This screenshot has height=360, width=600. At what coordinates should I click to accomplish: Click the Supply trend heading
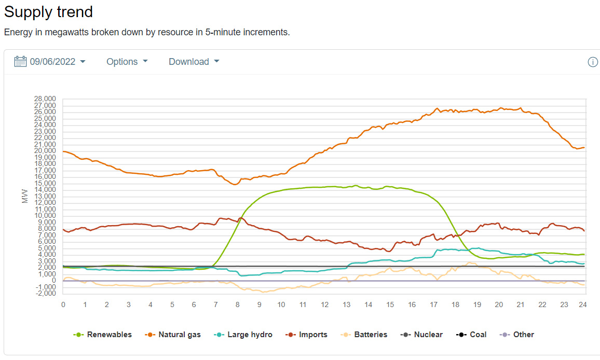(48, 11)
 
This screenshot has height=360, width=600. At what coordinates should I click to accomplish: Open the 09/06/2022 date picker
(52, 62)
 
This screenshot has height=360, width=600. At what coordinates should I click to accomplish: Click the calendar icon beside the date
(20, 62)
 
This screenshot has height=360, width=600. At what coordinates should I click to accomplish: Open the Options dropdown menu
(127, 62)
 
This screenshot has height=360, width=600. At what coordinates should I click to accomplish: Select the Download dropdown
(194, 62)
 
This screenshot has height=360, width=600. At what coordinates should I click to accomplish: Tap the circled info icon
(593, 62)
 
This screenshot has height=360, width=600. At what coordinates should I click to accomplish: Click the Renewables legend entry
(103, 335)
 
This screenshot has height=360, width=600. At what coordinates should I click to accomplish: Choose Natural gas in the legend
(173, 335)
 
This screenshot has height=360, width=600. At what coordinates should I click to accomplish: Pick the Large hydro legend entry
(243, 335)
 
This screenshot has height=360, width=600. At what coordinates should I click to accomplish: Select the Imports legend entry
(307, 335)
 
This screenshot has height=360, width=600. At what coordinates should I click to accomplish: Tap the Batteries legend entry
(364, 335)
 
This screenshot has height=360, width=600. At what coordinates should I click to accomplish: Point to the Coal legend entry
(472, 335)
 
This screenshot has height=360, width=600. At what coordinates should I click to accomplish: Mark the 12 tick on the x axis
(324, 304)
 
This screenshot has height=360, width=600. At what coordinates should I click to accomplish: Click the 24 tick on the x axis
(583, 304)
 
